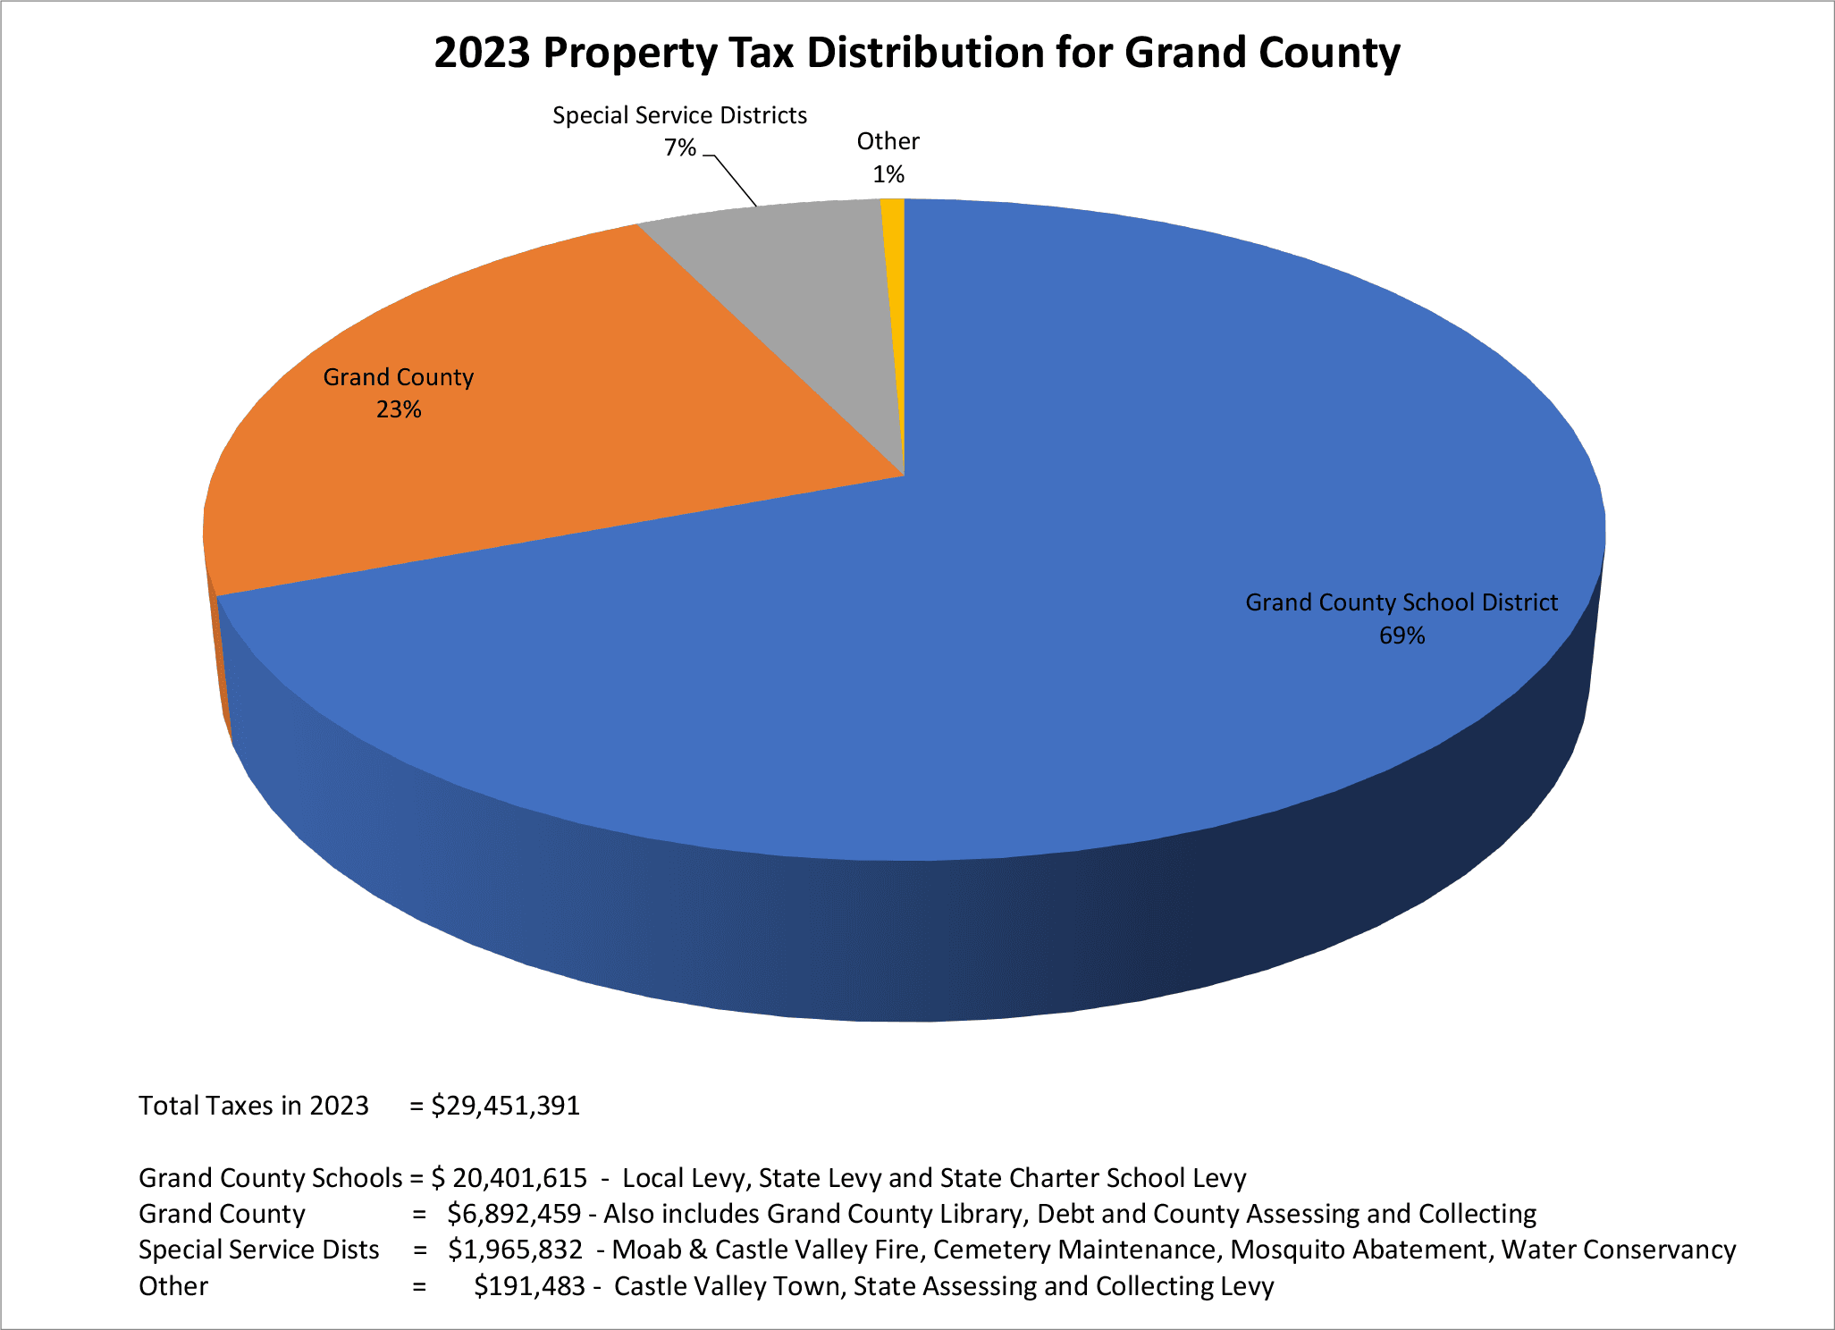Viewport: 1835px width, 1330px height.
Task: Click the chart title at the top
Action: pyautogui.click(x=916, y=52)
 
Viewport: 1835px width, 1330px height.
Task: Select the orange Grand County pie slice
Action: pyautogui.click(x=536, y=447)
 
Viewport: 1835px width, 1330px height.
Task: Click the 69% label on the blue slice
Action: pyautogui.click(x=1402, y=636)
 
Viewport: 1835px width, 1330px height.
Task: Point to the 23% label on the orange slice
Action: pyautogui.click(x=399, y=409)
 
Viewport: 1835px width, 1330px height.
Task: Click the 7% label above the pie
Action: pyautogui.click(x=679, y=147)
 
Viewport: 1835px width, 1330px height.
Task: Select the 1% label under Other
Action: pyautogui.click(x=888, y=174)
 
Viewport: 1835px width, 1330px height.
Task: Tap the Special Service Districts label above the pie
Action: pyautogui.click(x=679, y=115)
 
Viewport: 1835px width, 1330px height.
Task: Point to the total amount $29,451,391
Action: pyautogui.click(x=506, y=1106)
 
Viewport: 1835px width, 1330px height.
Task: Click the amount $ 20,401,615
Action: pyautogui.click(x=509, y=1178)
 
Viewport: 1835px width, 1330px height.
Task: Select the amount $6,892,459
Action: pyautogui.click(x=514, y=1214)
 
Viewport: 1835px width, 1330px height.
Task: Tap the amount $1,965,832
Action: pyautogui.click(x=516, y=1250)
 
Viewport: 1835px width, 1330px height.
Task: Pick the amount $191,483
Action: pyautogui.click(x=529, y=1286)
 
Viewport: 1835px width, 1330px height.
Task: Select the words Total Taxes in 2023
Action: pyautogui.click(x=254, y=1106)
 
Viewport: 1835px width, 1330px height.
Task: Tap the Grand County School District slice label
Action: pyautogui.click(x=1402, y=602)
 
